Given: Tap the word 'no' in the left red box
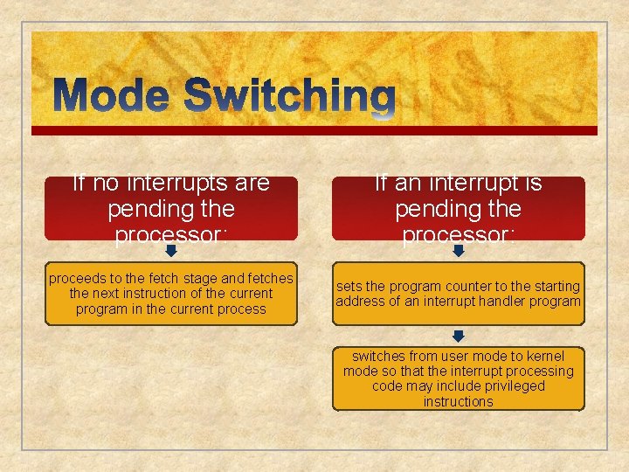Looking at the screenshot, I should (x=104, y=183).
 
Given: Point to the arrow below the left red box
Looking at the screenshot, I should (x=171, y=251).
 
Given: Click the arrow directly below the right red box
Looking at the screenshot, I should (x=459, y=251).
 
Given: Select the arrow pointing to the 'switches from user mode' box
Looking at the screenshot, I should (x=459, y=336).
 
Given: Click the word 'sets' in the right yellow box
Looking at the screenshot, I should (x=349, y=287).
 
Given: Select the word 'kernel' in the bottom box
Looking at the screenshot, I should (x=544, y=357).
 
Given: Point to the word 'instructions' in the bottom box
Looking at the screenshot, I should (x=459, y=401).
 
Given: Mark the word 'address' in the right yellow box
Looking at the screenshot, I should (x=359, y=302).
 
